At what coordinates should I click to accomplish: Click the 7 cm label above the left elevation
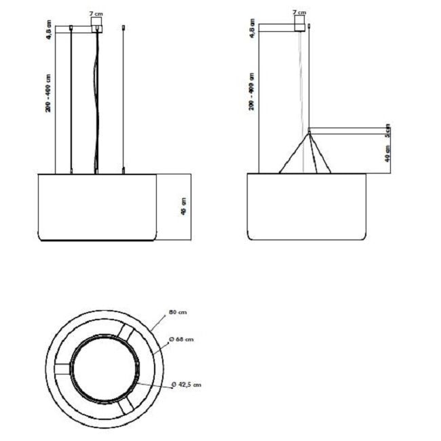96,13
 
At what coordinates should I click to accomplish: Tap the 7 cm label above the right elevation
299,12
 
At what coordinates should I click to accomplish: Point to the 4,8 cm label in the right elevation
252,31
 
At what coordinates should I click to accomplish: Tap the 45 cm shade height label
183,207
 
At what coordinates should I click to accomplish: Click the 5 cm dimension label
387,130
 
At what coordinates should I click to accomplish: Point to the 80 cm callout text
178,312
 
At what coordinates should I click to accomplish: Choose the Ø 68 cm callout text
183,339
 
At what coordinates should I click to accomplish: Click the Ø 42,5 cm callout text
186,385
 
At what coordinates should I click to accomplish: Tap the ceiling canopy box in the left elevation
97,25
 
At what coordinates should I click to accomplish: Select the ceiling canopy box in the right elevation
299,25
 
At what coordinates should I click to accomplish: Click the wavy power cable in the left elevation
98,102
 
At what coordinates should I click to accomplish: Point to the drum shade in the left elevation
97,207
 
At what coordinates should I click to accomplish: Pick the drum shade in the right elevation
307,207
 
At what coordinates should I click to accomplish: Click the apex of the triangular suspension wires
309,133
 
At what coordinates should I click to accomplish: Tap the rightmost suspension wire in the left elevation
123,98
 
